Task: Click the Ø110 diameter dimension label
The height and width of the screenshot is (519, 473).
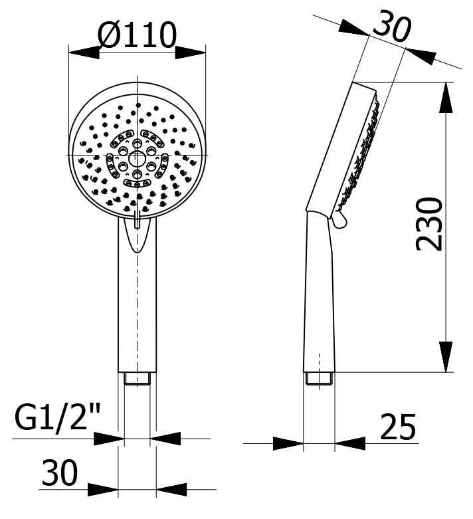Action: [x=137, y=35]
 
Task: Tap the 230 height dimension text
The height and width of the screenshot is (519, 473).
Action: [x=429, y=224]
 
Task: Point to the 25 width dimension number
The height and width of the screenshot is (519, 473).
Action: [x=397, y=427]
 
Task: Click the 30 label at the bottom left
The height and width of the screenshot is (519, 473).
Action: [x=60, y=472]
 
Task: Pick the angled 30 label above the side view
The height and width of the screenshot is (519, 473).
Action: [x=392, y=26]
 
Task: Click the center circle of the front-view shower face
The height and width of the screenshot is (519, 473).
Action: [x=136, y=158]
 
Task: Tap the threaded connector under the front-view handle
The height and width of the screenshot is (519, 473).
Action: [x=138, y=378]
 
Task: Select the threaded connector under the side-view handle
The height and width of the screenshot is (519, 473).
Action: [x=319, y=378]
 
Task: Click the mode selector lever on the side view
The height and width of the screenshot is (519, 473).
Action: [x=339, y=220]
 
